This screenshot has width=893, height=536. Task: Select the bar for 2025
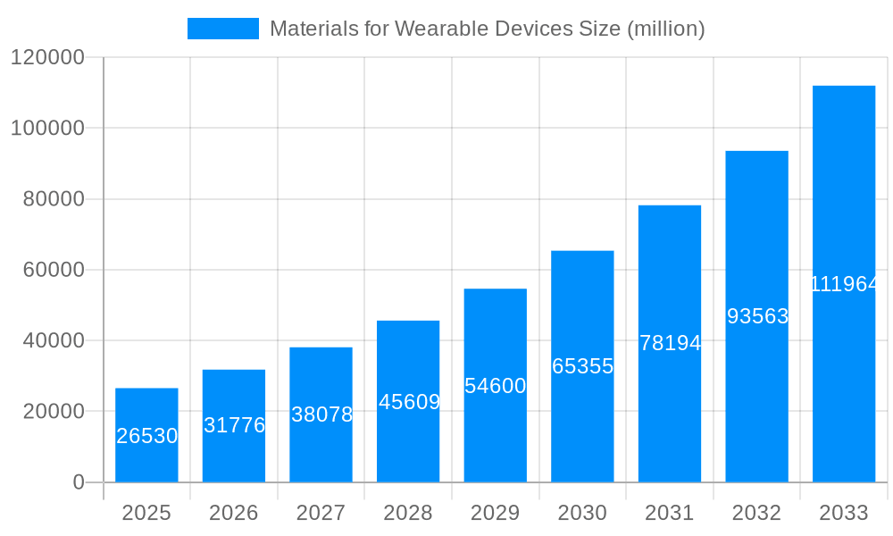pos(146,435)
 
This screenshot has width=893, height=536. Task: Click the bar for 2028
pos(408,401)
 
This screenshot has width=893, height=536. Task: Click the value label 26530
pos(147,436)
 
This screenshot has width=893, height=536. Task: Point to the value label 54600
pos(496,386)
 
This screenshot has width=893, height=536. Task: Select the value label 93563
pos(757,316)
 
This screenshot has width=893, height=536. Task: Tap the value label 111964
pos(844,284)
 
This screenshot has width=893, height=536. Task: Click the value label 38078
pos(321,415)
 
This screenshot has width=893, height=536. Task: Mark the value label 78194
pos(670,343)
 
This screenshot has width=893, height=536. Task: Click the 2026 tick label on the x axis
pos(234,513)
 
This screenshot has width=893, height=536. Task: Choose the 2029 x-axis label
pos(495,513)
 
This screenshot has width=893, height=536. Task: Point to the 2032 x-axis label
pos(756,513)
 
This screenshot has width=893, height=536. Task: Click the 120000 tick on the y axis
pos(46,58)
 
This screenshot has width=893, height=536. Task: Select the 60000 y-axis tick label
pos(53,270)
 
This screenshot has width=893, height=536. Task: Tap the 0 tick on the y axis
pos(78,482)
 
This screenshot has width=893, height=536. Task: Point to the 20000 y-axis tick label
pos(53,412)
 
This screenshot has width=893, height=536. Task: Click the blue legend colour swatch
pos(222,29)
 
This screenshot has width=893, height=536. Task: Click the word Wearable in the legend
pos(433,29)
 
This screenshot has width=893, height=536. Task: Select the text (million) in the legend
pos(665,29)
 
